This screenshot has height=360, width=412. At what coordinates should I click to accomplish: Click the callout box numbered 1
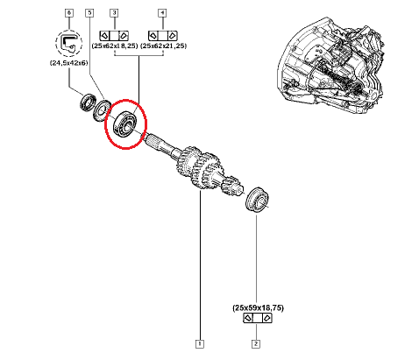(200, 343)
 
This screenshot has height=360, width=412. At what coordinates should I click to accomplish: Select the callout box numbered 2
(256, 343)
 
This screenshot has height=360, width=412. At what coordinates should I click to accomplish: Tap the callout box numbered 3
(114, 13)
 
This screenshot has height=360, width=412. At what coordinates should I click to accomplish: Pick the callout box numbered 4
(162, 13)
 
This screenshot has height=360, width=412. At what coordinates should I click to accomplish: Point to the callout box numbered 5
(89, 13)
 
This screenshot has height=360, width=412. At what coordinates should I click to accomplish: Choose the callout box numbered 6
(69, 13)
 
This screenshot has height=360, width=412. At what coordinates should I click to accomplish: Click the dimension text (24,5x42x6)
(69, 63)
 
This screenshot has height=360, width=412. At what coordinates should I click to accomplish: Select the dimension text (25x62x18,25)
(115, 46)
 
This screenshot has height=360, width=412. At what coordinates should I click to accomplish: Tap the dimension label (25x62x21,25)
(164, 46)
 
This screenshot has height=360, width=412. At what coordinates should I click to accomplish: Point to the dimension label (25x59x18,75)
(258, 307)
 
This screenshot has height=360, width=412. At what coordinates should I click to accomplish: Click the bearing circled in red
(124, 124)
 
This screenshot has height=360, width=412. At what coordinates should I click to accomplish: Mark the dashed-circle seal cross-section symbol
(69, 43)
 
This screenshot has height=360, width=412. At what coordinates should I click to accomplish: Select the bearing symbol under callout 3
(114, 36)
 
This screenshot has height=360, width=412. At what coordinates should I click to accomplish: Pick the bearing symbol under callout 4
(163, 36)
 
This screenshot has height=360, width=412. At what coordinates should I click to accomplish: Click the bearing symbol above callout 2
(258, 318)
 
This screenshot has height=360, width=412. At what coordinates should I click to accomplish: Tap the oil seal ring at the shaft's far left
(88, 102)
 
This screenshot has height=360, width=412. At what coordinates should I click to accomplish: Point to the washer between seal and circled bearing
(102, 110)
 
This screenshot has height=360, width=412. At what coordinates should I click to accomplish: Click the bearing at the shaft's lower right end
(257, 199)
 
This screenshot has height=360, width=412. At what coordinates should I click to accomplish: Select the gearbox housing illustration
(330, 65)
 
